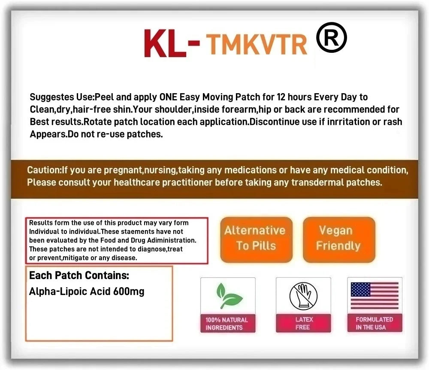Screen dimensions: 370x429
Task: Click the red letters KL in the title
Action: click(165, 43)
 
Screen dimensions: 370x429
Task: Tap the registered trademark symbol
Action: click(331, 37)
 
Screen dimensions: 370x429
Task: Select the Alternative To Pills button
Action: click(256, 239)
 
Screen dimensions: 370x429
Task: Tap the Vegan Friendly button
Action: click(338, 239)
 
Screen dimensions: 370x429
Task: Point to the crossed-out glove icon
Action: click(303, 295)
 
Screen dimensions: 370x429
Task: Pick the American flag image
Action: click(375, 296)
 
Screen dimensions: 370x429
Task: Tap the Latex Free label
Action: click(303, 323)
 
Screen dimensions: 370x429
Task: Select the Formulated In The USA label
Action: click(375, 323)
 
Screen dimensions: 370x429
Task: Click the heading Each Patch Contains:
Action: click(79, 275)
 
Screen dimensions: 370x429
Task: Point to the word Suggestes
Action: click(50, 97)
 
